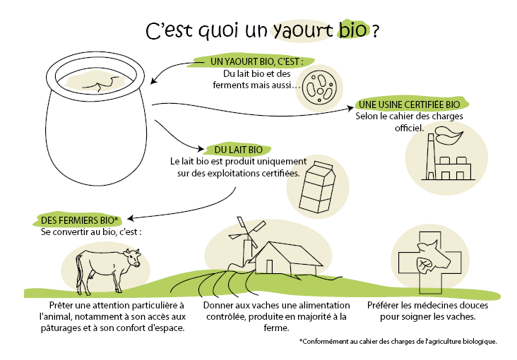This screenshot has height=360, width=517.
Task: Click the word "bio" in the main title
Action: pyautogui.click(x=352, y=29)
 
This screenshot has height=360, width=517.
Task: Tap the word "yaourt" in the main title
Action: pyautogui.click(x=303, y=30)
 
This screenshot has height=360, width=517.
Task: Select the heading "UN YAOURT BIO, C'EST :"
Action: pyautogui.click(x=256, y=61)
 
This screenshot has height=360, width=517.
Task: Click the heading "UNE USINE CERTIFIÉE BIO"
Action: pyautogui.click(x=409, y=104)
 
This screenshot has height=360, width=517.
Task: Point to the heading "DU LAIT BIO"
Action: pyautogui.click(x=239, y=150)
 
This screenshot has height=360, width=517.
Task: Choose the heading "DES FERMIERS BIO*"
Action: pyautogui.click(x=79, y=220)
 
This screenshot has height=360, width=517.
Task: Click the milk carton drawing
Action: pyautogui.click(x=317, y=187)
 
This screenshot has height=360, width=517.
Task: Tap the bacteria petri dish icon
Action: pyautogui.click(x=319, y=88)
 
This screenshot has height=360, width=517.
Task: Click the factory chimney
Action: pyautogui.click(x=431, y=156)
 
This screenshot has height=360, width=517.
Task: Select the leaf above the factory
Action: pyautogui.click(x=449, y=135)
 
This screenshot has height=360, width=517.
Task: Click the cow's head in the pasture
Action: pyautogui.click(x=133, y=258)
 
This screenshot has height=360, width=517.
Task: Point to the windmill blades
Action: pyautogui.click(x=247, y=231)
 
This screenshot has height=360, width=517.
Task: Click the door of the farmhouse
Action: pyautogui.click(x=269, y=266)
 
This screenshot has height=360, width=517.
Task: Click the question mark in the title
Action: pyautogui.click(x=375, y=32)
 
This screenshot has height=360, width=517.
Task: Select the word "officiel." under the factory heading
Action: pyautogui.click(x=409, y=128)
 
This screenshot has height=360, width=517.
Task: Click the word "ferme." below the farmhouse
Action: pyautogui.click(x=276, y=328)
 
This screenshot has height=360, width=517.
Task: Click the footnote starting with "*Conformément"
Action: pyautogui.click(x=398, y=342)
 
